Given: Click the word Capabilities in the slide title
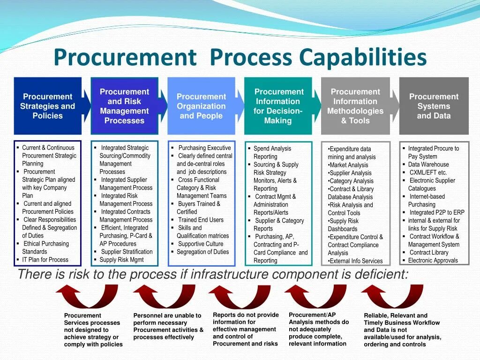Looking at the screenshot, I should point(363,58).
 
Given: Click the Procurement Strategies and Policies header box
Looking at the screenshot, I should point(47,106).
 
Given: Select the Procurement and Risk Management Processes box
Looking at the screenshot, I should point(124,106).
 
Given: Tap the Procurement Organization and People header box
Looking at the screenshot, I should point(201,106).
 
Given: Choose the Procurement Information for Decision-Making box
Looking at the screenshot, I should point(278,106).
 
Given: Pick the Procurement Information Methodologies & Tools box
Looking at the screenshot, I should point(355,106).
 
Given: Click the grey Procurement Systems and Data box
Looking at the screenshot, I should point(434,106).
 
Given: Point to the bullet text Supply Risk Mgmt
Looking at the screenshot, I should point(121,260).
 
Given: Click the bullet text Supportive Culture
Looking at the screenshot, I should point(201,244).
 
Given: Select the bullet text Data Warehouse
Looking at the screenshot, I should point(428,165).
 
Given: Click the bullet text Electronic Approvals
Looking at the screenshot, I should point(433,261).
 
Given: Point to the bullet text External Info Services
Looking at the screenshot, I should point(356,261).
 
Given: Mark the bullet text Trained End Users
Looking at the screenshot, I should point(201,220).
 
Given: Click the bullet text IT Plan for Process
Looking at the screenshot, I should point(45,260).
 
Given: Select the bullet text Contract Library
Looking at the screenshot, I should point(429,253).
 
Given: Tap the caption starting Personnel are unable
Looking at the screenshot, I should point(168,326).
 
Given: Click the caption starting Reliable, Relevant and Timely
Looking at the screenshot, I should point(402,330).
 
